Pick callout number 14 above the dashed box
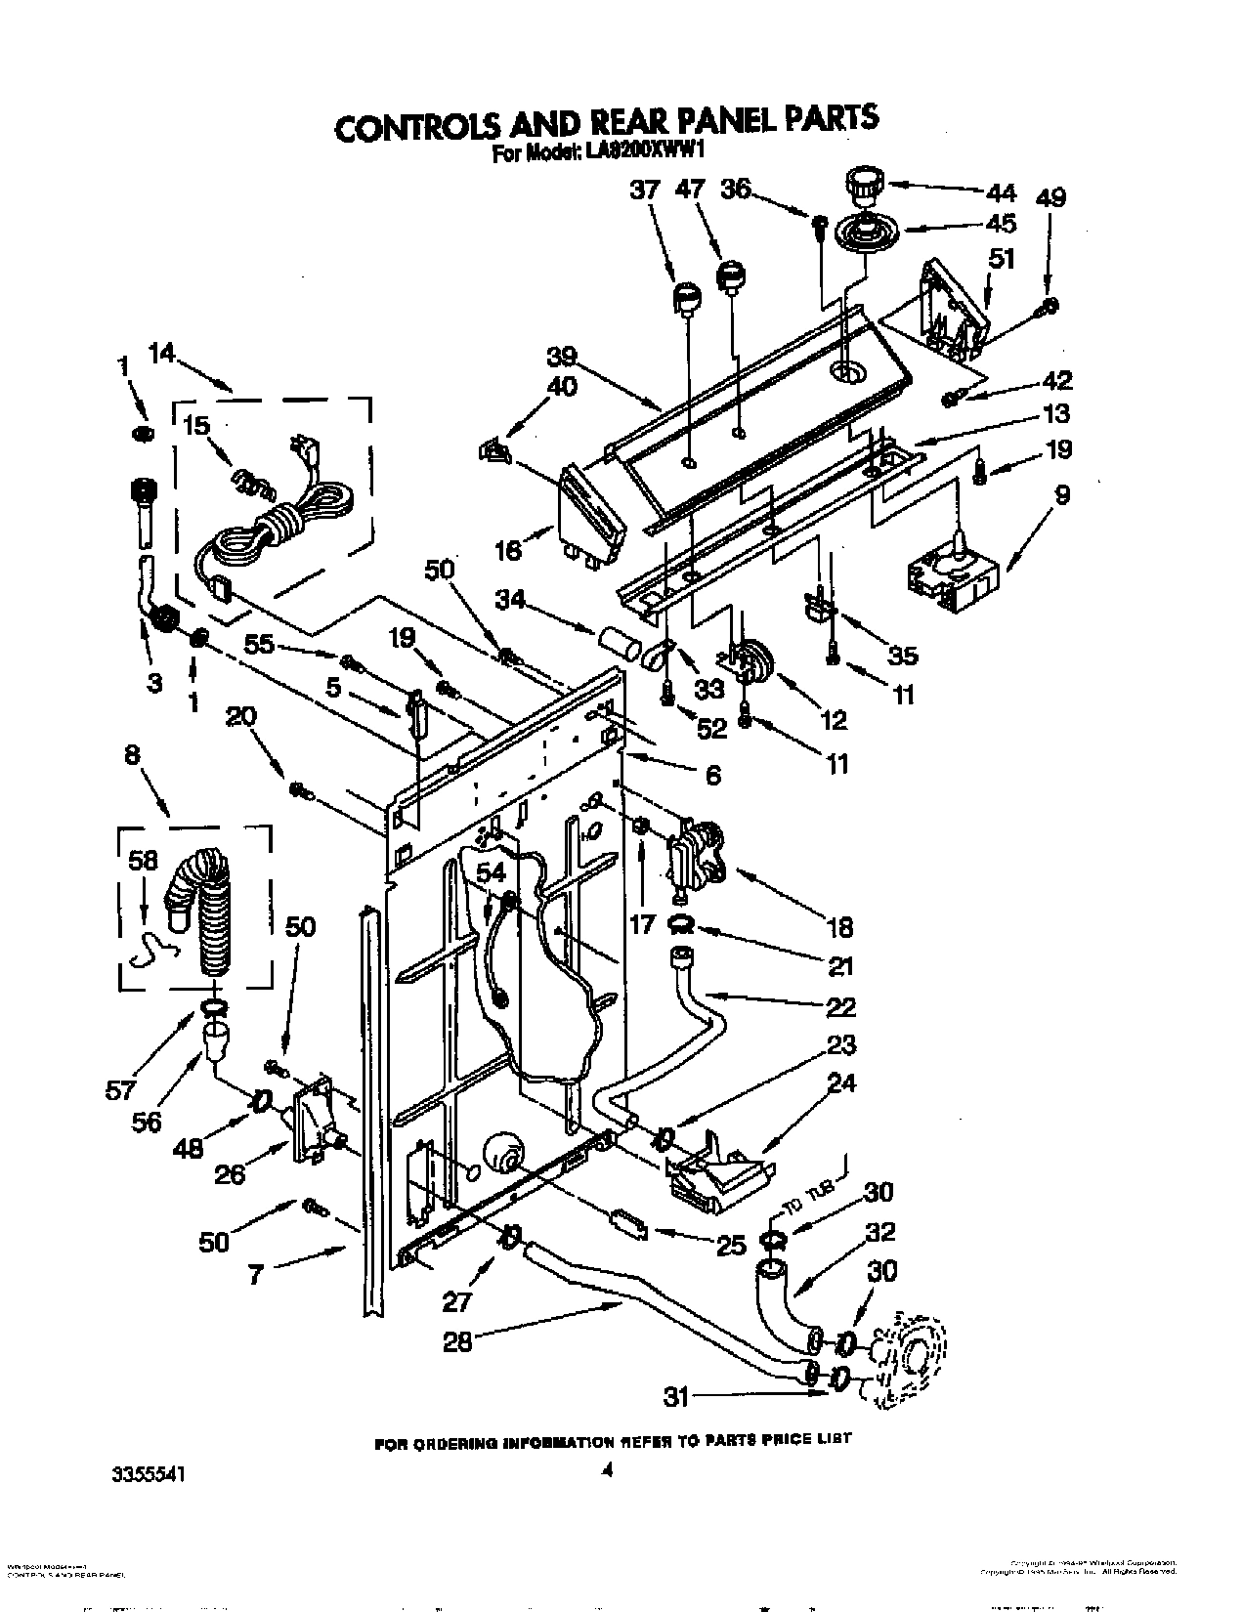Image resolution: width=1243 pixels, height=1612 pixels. (164, 354)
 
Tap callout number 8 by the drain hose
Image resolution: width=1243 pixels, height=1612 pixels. (132, 754)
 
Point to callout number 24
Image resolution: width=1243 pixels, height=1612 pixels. (841, 1082)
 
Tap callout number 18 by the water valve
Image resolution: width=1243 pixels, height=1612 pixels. (837, 926)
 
